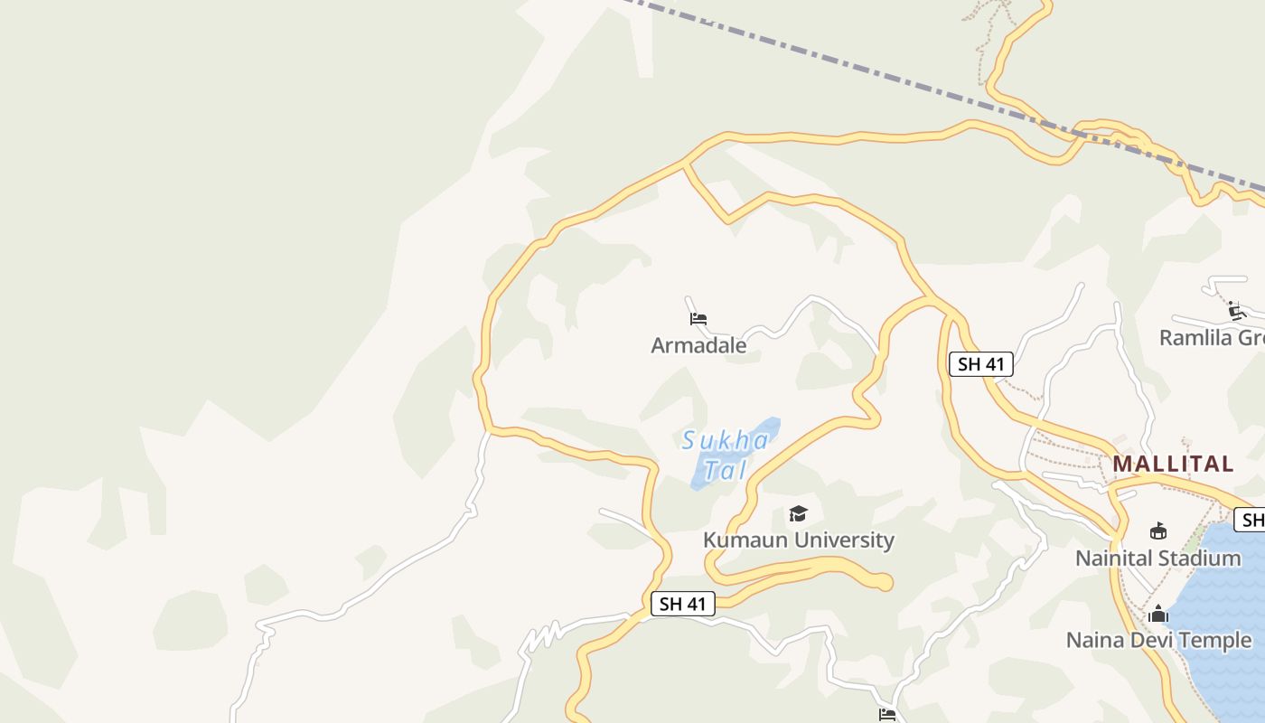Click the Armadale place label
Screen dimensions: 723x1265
[x=698, y=345]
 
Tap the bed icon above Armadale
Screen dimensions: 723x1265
[x=698, y=319]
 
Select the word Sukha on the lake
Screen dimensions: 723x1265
[x=726, y=441]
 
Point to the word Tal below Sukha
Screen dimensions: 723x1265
[x=725, y=470]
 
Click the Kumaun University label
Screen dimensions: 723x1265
[x=798, y=540]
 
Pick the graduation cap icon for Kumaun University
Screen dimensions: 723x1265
[x=798, y=514]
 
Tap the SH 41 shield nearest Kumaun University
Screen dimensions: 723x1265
[x=682, y=604]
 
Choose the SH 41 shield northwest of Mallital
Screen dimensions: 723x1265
[x=980, y=364]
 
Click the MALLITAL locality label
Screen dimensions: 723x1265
[x=1173, y=464]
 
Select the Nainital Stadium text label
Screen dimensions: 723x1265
[x=1157, y=559]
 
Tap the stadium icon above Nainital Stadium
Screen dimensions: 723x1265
[x=1157, y=531]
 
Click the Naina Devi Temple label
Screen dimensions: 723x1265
[x=1158, y=641]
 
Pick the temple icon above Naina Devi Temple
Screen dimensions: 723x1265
[x=1157, y=615]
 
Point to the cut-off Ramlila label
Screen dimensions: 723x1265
[x=1211, y=338]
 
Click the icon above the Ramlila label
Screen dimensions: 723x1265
[x=1237, y=312]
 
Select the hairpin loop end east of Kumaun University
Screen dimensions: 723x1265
[x=884, y=583]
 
